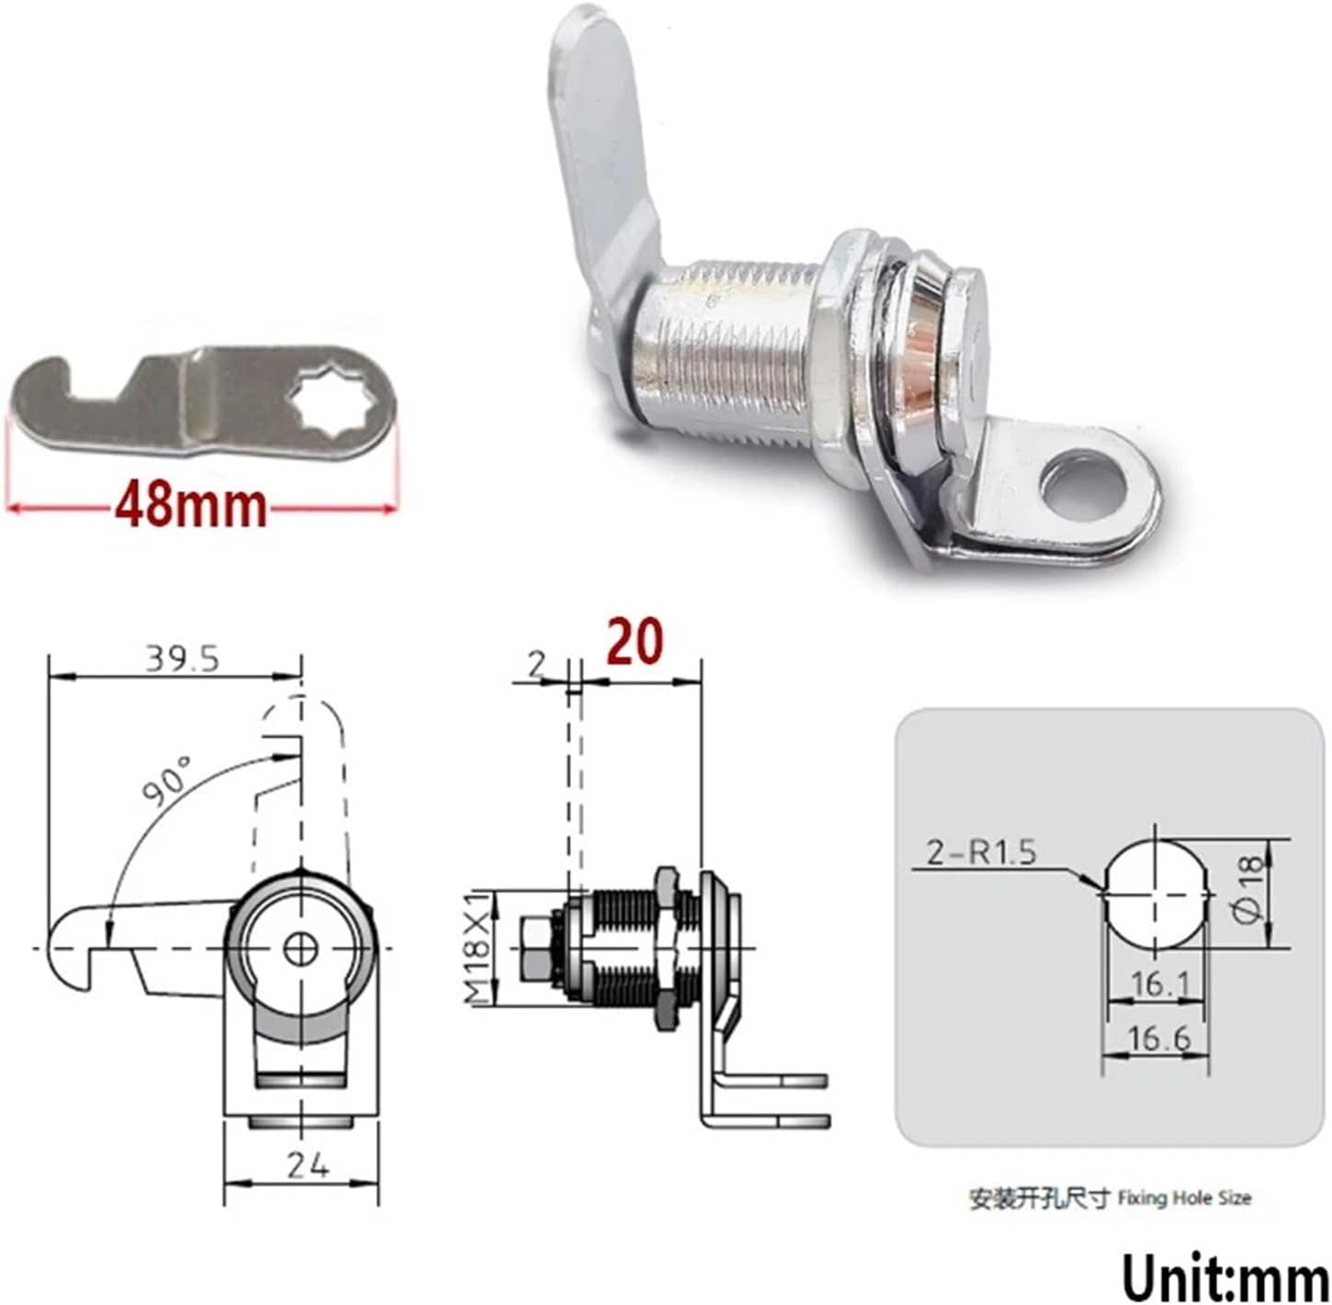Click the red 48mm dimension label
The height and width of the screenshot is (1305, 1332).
[x=191, y=506]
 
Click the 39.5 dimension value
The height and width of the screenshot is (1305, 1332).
[x=182, y=658]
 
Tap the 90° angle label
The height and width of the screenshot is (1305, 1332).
[x=166, y=781]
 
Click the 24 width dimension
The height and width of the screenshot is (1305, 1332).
[x=307, y=1165]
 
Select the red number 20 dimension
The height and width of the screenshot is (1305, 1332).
[x=634, y=642]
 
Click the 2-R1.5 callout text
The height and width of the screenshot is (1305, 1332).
[x=980, y=852]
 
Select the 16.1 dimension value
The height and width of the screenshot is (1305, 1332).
[x=1159, y=984]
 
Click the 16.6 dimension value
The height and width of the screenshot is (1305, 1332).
[x=1158, y=1038]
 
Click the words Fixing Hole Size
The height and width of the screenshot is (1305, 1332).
[x=1184, y=1198]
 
